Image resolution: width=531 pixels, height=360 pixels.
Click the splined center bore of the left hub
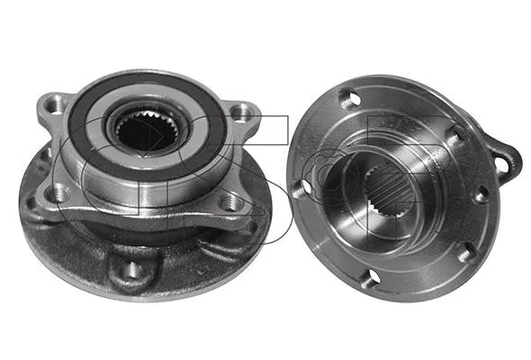click(x=143, y=134)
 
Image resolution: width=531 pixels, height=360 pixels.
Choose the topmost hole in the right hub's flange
click(x=349, y=99)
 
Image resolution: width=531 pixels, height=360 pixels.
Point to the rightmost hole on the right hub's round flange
click(x=481, y=193)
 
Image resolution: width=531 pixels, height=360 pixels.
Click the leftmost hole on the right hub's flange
click(x=298, y=189)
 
